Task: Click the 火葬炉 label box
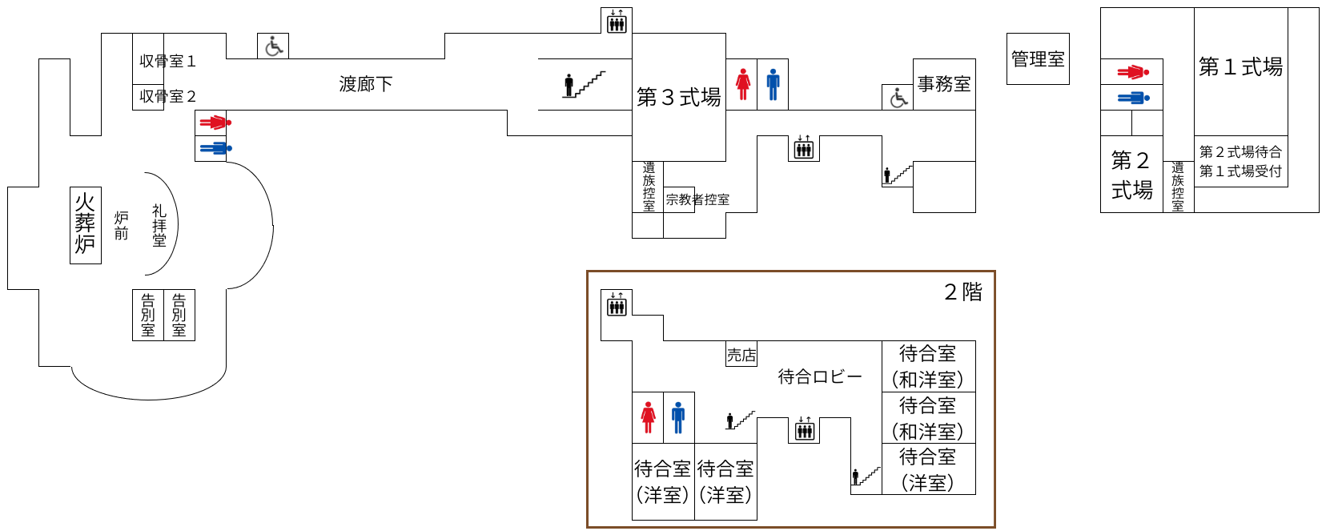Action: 85,225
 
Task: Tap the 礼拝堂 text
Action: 159,225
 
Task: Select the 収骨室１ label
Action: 167,61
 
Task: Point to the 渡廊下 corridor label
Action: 366,84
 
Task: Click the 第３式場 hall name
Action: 678,98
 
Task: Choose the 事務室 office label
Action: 944,84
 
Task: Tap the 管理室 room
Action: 1038,59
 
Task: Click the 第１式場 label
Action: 1240,67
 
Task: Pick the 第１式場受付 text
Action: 1240,171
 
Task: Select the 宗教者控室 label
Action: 697,199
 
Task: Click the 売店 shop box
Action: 741,355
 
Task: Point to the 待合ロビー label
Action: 820,376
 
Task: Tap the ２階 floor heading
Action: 963,292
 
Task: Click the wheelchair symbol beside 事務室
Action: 898,98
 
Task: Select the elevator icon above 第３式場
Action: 617,21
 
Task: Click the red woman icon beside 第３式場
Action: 743,84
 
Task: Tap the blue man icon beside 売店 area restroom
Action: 678,417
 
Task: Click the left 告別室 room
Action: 148,315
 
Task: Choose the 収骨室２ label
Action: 167,96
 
